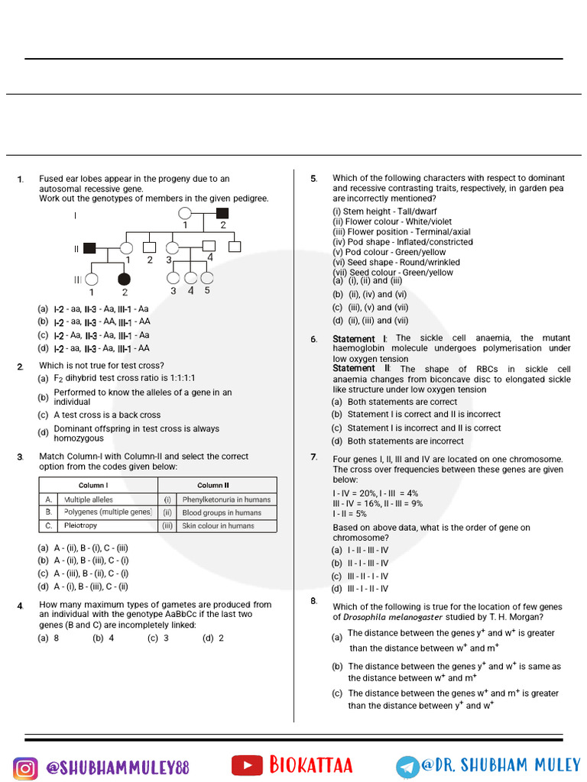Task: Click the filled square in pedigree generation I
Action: [x=222, y=213]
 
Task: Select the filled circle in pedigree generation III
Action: [x=124, y=279]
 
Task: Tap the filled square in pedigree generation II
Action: [x=89, y=247]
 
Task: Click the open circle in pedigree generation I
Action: [x=184, y=213]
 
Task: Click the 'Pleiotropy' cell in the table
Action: [x=80, y=526]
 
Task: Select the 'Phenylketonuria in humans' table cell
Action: [x=226, y=499]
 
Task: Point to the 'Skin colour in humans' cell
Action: [x=218, y=526]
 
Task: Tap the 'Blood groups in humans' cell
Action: [x=222, y=513]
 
